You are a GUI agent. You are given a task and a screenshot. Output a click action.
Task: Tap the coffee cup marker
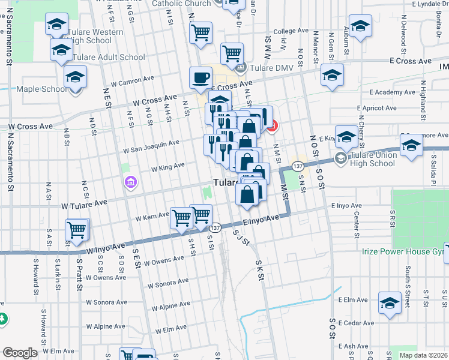coord(200,78)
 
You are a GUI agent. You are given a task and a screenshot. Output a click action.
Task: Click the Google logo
coord(20,353)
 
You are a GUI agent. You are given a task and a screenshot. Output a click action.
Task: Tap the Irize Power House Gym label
coord(402,251)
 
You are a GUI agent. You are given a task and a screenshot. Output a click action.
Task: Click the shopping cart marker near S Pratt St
coord(77,230)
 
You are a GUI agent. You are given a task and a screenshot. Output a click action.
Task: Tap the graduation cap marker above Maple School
coord(76,77)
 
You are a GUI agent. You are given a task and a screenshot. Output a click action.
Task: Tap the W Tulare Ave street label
coord(84,204)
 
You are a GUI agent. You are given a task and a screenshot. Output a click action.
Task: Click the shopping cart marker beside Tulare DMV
coord(232,54)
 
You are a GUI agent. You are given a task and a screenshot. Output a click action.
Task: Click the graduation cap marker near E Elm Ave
coord(390,304)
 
